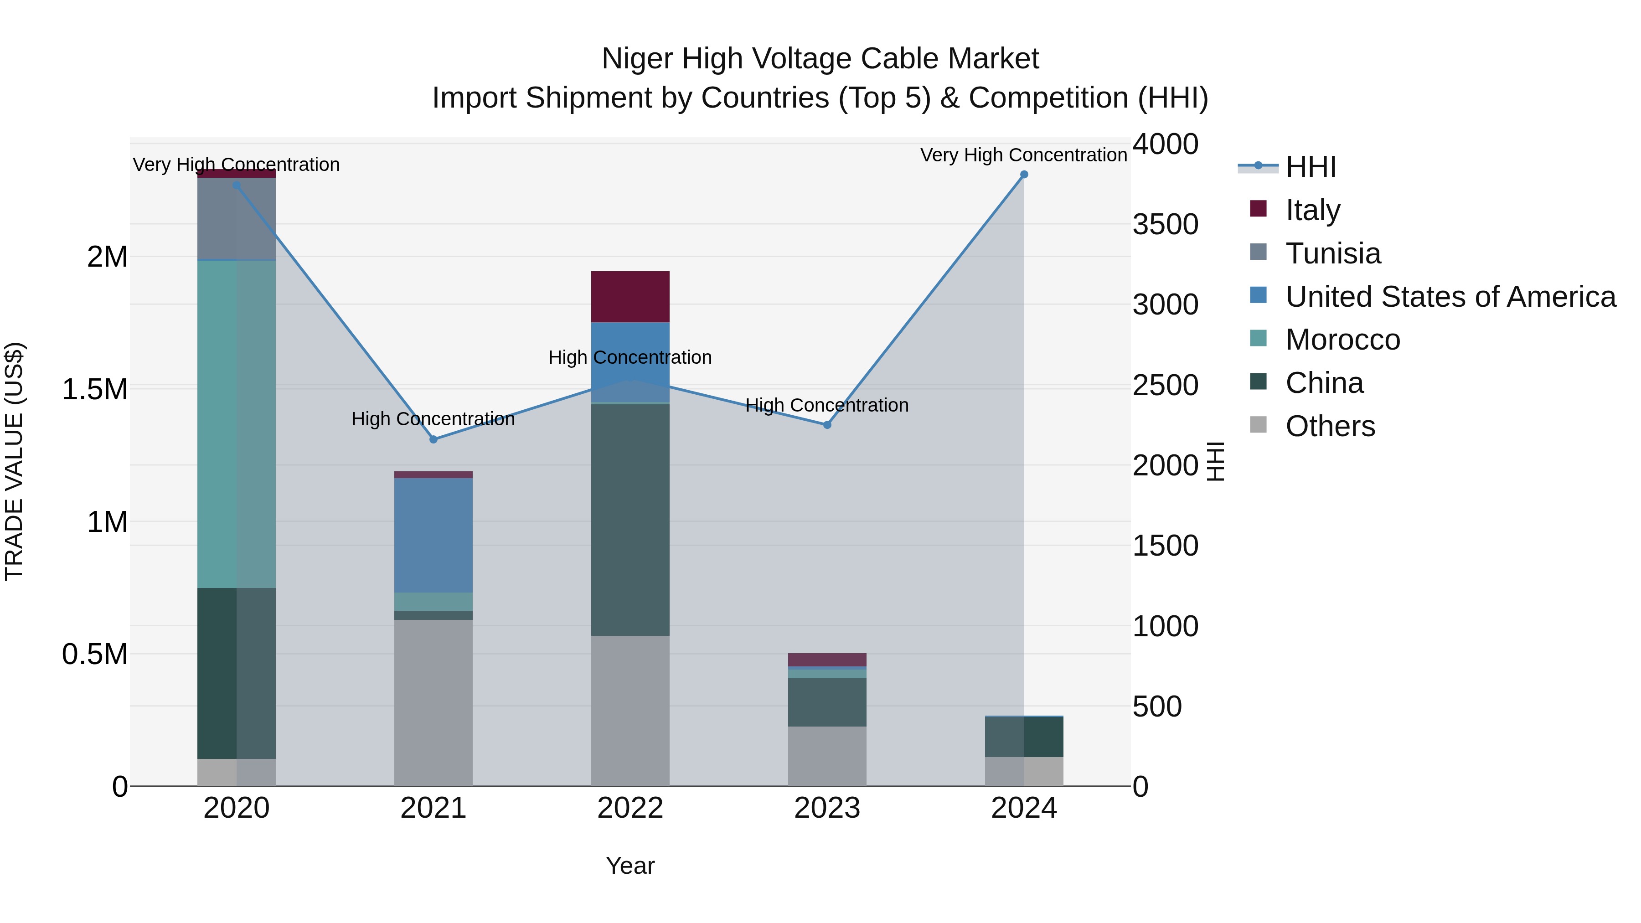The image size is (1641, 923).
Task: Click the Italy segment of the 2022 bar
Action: [x=630, y=296]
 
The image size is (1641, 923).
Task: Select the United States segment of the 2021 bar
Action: [x=433, y=535]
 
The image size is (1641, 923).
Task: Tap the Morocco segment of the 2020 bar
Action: [x=236, y=423]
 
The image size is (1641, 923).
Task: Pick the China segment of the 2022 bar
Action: [x=630, y=519]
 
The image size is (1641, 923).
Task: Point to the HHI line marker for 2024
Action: [x=1024, y=175]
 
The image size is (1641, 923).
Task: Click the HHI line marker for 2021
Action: [x=433, y=439]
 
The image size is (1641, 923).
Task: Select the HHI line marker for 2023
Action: [x=827, y=425]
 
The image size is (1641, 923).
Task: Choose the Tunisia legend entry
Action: [x=1333, y=253]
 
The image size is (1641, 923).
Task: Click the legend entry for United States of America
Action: [x=1450, y=297]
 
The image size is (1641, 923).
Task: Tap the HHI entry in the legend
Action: [x=1311, y=167]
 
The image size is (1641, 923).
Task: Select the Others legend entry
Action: [x=1330, y=426]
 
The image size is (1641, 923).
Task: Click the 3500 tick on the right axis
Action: [x=1165, y=224]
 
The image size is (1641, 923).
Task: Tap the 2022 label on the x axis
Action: [x=630, y=808]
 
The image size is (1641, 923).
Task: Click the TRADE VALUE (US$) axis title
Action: [x=14, y=461]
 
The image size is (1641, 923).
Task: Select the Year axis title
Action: [x=630, y=866]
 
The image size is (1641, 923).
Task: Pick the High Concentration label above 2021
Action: [x=433, y=419]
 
